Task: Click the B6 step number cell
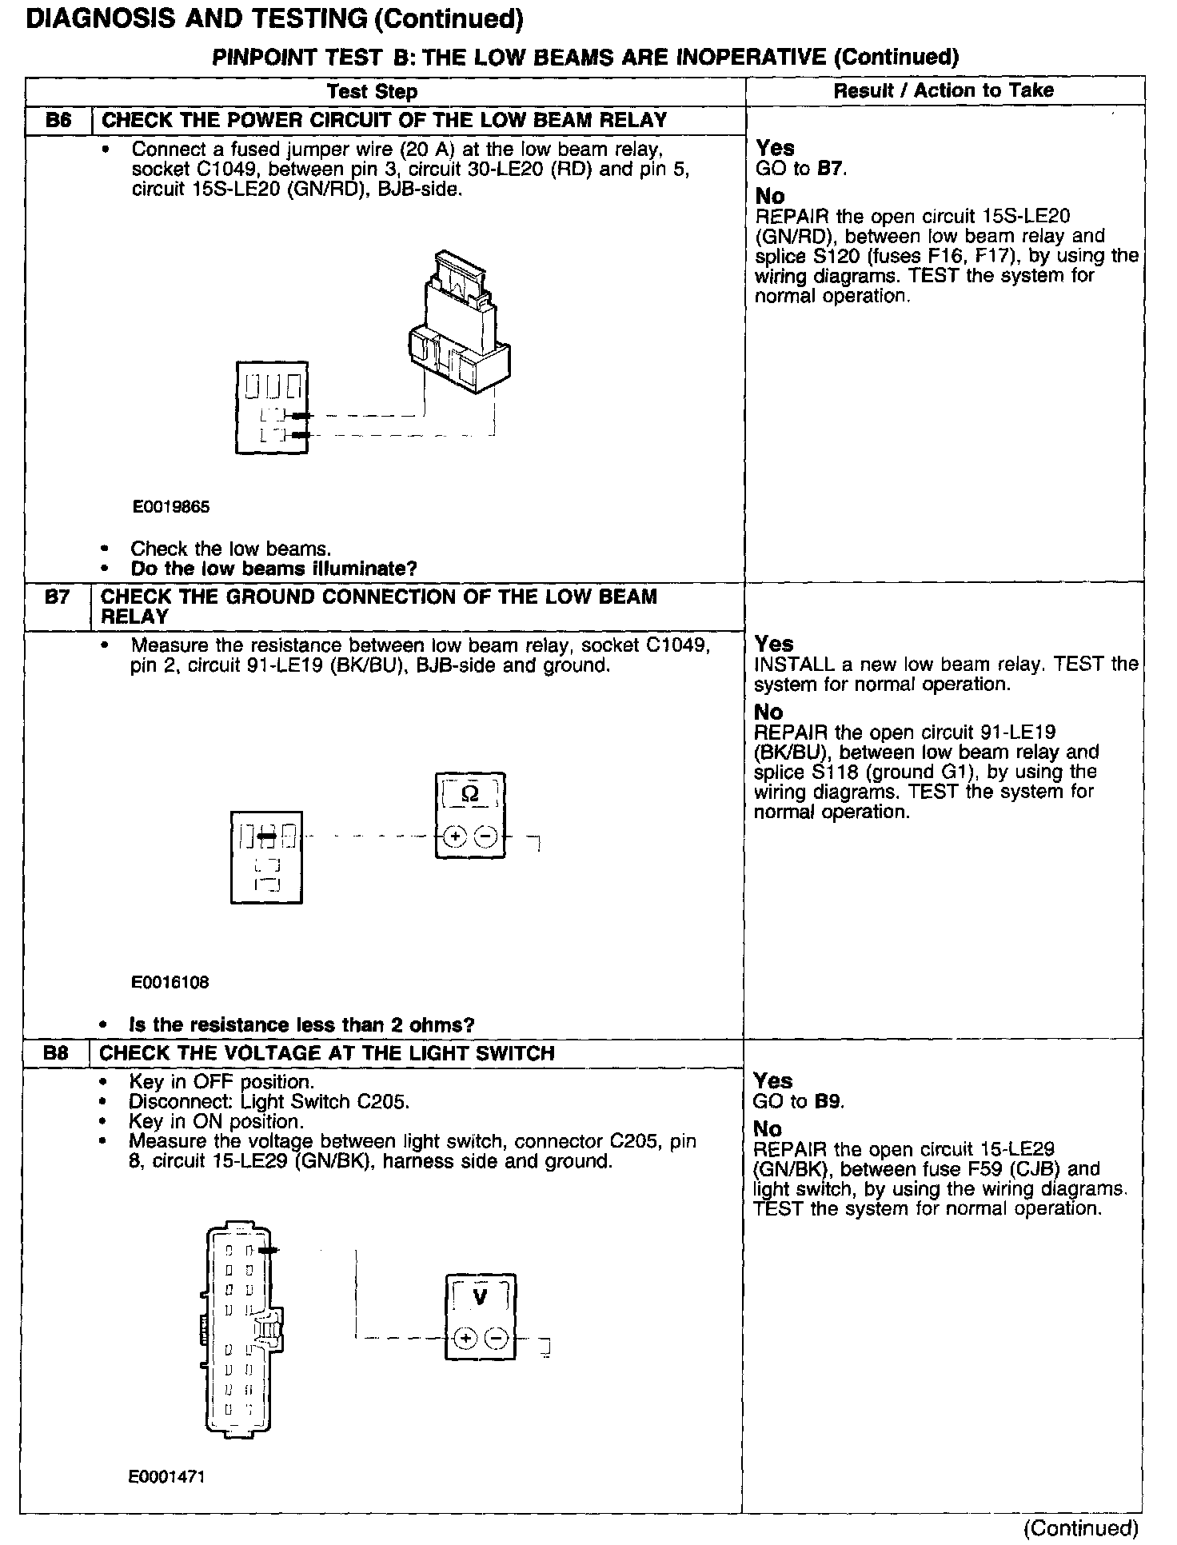(x=58, y=121)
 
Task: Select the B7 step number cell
(x=57, y=597)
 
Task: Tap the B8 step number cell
(x=56, y=1053)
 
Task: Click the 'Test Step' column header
(x=373, y=91)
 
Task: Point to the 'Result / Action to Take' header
(x=944, y=90)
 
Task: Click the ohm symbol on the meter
(x=470, y=794)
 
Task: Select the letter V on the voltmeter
(x=480, y=1297)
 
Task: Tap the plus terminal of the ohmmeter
(x=454, y=837)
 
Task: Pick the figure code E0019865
(x=171, y=507)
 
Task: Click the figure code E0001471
(x=166, y=1477)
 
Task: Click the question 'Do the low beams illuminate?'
(x=273, y=569)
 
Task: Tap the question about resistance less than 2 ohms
(x=301, y=1025)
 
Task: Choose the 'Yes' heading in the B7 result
(x=774, y=644)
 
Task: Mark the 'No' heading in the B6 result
(x=770, y=196)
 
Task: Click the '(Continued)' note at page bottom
(x=1080, y=1527)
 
